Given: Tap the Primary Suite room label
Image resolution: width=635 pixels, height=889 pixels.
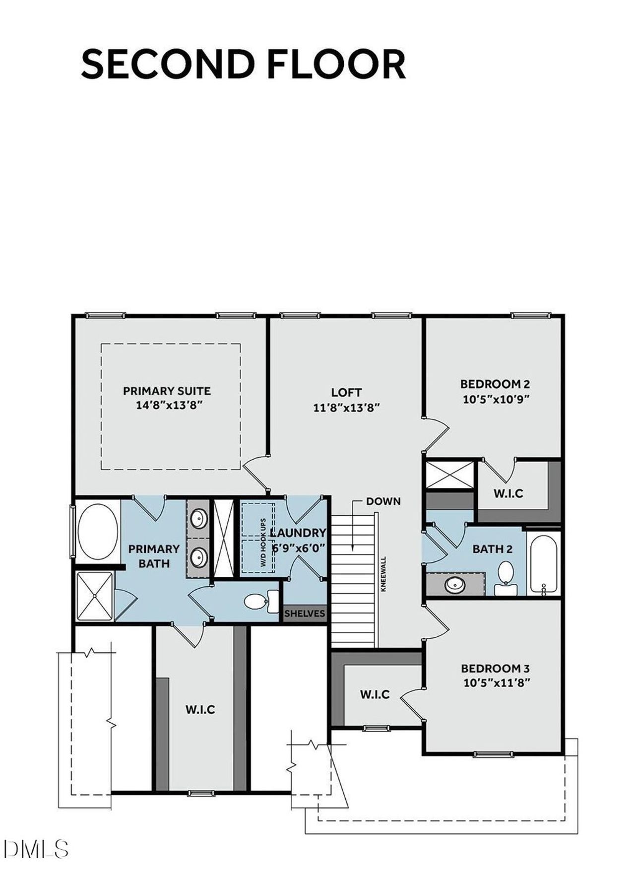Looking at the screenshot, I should pyautogui.click(x=167, y=391).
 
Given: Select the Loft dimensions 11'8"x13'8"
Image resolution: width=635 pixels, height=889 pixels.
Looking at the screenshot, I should pyautogui.click(x=346, y=408).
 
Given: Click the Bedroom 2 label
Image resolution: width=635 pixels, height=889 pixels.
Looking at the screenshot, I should pyautogui.click(x=495, y=384).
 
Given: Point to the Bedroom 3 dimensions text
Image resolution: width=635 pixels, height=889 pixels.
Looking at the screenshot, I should pyautogui.click(x=497, y=683).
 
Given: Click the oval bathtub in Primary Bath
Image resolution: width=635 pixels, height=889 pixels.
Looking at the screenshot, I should pyautogui.click(x=98, y=532).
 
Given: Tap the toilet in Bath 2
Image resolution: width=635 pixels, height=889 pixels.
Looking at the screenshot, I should pyautogui.click(x=506, y=576).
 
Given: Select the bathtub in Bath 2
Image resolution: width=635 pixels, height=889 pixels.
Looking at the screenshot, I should pyautogui.click(x=544, y=563).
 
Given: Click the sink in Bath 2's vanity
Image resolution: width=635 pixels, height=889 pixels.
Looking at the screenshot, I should pyautogui.click(x=455, y=585).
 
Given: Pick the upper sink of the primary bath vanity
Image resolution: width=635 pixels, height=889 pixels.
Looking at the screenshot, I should pyautogui.click(x=198, y=519).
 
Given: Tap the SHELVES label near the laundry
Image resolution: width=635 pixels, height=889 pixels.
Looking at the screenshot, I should pyautogui.click(x=305, y=614).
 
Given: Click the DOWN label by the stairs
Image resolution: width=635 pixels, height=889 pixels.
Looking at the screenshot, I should pyautogui.click(x=383, y=501).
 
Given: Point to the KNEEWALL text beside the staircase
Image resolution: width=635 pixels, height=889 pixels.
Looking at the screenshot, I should pyautogui.click(x=383, y=573).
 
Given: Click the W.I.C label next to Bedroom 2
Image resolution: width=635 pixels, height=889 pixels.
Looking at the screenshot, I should pyautogui.click(x=508, y=493).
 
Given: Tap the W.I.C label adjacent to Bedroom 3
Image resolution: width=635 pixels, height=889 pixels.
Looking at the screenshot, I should pyautogui.click(x=375, y=694).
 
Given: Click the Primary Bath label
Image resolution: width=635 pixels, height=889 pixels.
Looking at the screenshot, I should pyautogui.click(x=154, y=556).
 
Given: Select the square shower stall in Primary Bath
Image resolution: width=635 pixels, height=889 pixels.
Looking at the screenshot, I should pyautogui.click(x=94, y=596).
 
